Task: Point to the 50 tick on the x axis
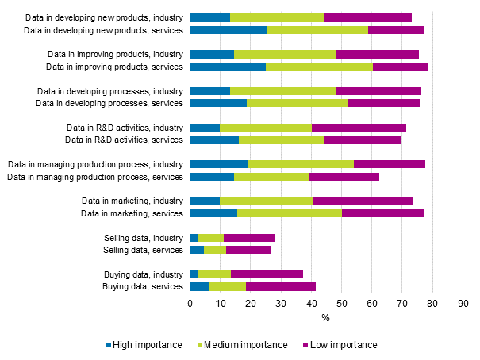[x=341, y=303]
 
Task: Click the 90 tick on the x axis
[x=463, y=303]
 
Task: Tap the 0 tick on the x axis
[x=190, y=303]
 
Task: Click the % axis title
[x=325, y=318]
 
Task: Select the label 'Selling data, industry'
[x=144, y=238]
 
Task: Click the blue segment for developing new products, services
[x=228, y=30]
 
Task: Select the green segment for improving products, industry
[x=285, y=54]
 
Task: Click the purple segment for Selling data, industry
[x=249, y=238]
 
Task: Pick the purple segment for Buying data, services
[x=281, y=286]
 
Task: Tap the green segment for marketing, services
[x=290, y=213]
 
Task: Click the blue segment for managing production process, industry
[x=220, y=164]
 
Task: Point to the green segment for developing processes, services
[x=298, y=103]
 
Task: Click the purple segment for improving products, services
[x=401, y=67]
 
